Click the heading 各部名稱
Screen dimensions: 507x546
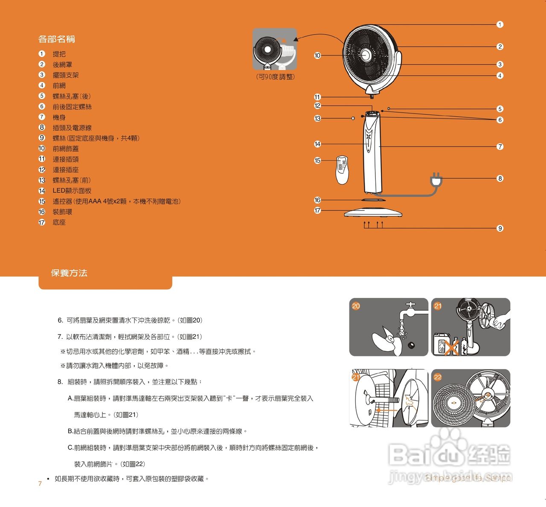click(57, 39)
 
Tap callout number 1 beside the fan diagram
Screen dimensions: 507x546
click(500, 24)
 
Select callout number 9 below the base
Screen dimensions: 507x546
click(500, 228)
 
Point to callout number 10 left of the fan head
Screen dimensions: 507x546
click(317, 55)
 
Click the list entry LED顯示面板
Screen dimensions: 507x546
click(72, 191)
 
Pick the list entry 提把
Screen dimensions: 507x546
click(59, 54)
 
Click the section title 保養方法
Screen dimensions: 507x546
click(69, 273)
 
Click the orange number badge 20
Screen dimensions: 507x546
click(356, 306)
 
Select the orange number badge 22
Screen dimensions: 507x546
click(438, 377)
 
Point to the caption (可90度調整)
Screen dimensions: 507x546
click(276, 77)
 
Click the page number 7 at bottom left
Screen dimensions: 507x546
click(40, 484)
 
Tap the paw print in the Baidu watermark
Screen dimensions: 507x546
click(447, 444)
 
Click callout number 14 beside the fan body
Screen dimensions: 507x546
click(317, 144)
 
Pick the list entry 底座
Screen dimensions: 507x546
click(59, 222)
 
